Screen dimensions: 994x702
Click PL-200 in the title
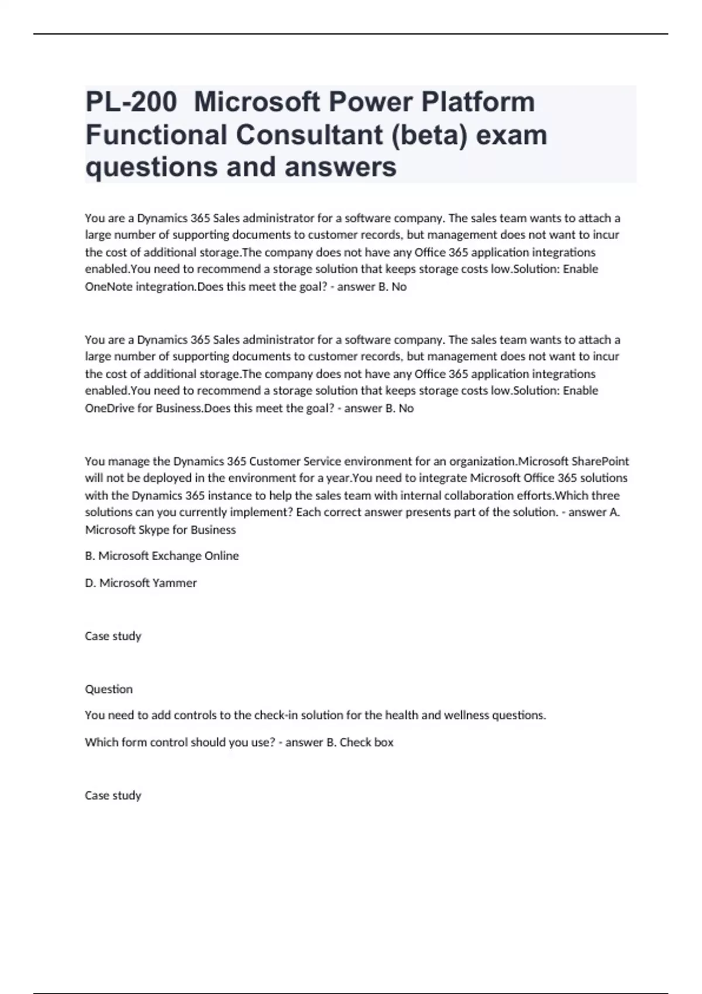coord(130,102)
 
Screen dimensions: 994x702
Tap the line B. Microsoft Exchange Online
coord(162,555)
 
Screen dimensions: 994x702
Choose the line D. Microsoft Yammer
coord(141,582)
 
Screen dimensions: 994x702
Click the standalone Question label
coord(109,689)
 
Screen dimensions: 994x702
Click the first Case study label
coord(113,636)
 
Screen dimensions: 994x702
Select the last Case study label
coord(113,795)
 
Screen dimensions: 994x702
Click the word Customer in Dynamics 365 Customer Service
coord(271,461)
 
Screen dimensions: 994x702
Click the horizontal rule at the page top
coord(351,34)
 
